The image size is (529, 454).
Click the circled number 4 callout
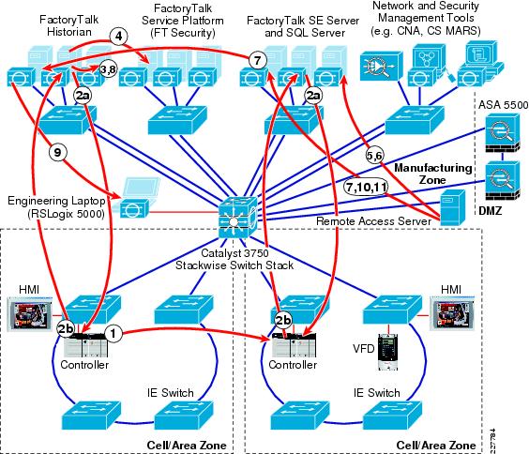(118, 36)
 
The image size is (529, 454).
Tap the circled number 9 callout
(58, 153)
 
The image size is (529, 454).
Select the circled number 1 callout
(113, 333)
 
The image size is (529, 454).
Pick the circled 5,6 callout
(374, 156)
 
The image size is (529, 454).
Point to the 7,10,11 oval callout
(366, 187)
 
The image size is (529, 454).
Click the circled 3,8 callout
(108, 69)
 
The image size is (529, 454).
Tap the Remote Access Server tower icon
(452, 208)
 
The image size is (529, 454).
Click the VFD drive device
(388, 352)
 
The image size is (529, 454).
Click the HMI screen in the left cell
(30, 313)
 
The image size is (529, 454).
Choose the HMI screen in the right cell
(452, 313)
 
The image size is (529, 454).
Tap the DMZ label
(491, 211)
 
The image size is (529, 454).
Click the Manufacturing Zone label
(432, 174)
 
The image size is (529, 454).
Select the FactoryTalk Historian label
(69, 25)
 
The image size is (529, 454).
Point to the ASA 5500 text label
(503, 105)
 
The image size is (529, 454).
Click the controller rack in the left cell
(85, 345)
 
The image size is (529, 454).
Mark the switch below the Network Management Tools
(415, 120)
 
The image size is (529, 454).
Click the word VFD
(364, 348)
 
